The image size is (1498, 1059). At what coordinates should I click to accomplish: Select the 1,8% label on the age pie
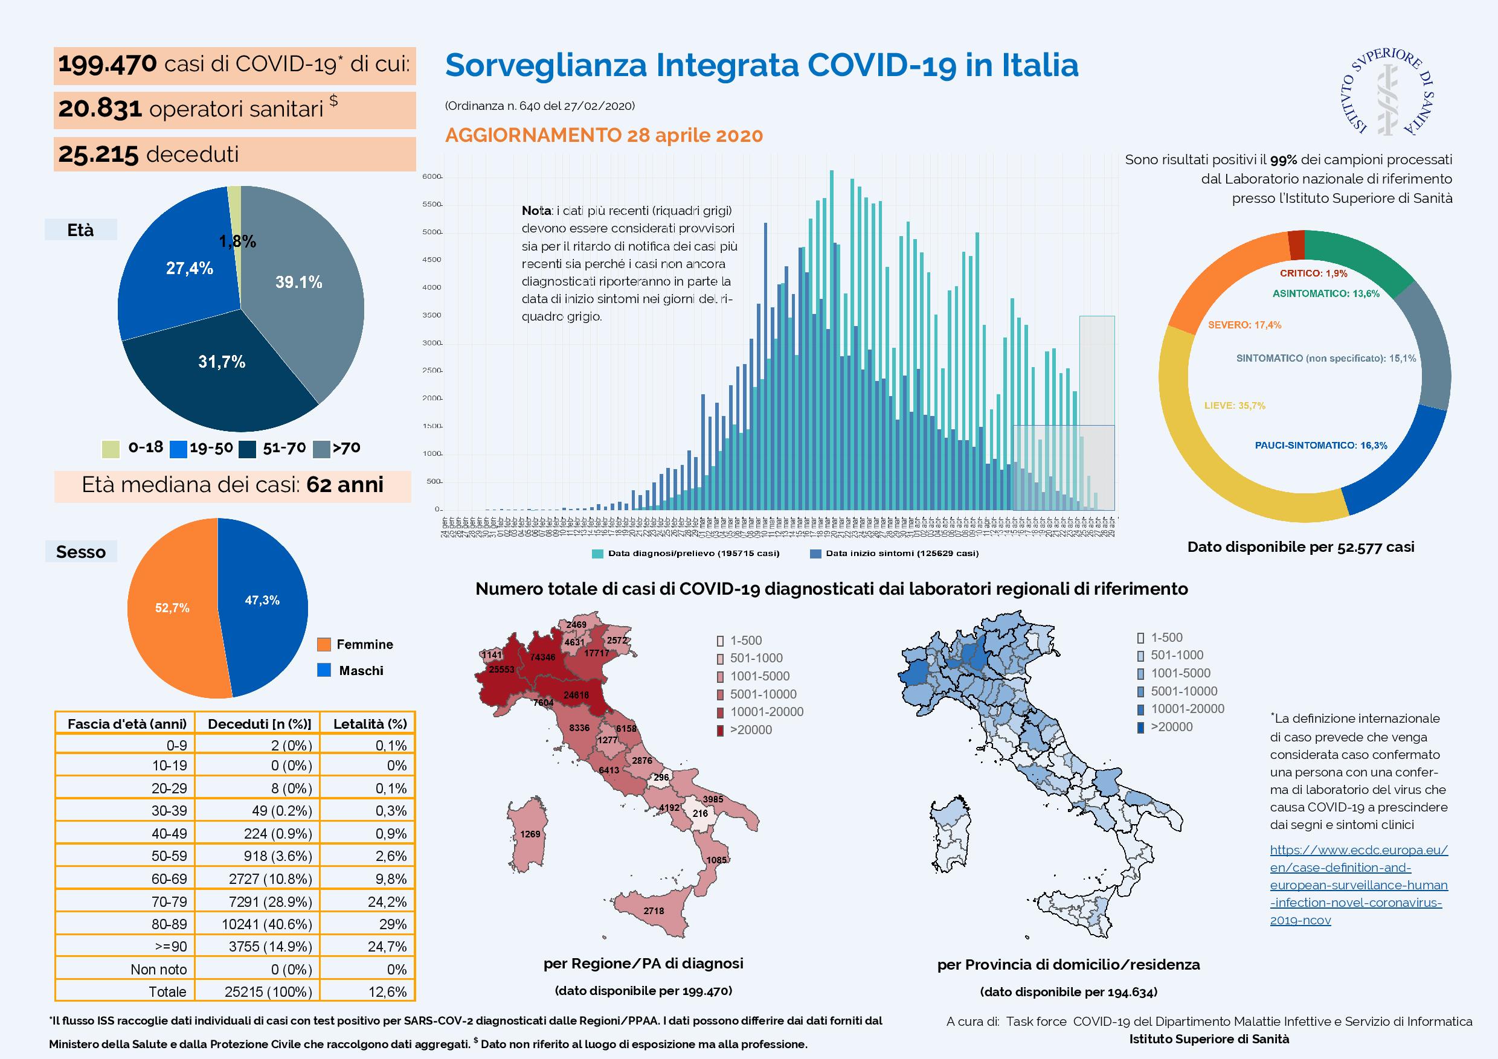[237, 242]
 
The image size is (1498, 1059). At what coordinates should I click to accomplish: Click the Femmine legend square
[324, 644]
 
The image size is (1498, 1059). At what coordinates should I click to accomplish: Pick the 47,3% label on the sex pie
[262, 600]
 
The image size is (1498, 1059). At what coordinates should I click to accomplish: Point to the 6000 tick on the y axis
[432, 177]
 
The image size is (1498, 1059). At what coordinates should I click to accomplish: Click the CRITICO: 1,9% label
[1313, 274]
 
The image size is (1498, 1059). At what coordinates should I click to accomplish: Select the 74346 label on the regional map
[543, 657]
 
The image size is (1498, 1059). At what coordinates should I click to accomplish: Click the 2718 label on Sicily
[654, 910]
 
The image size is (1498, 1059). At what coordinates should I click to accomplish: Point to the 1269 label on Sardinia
[530, 834]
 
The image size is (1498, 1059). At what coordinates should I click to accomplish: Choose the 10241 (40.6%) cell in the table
[270, 924]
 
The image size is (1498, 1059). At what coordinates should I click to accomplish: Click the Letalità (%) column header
[370, 723]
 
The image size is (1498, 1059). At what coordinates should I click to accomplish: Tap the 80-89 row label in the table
[169, 924]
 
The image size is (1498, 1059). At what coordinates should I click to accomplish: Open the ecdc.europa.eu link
[1358, 885]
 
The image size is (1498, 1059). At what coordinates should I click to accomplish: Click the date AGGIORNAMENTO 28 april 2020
[603, 135]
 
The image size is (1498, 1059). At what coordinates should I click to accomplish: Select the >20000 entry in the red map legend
[750, 730]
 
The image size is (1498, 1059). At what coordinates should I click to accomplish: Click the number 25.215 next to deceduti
[98, 155]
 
